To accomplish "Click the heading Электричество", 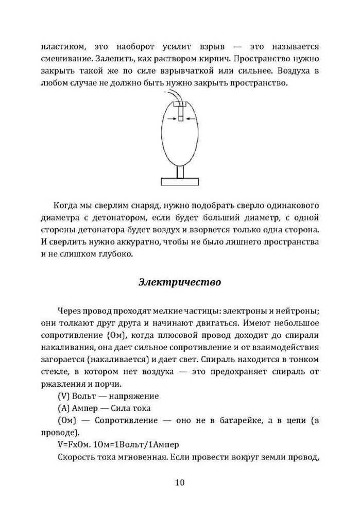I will (x=180, y=282).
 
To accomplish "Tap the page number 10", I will (x=180, y=483).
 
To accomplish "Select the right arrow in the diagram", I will (x=191, y=118).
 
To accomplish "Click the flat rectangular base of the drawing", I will (x=180, y=181).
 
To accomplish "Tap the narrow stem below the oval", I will (x=180, y=171).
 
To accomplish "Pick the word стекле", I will (x=53, y=371).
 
